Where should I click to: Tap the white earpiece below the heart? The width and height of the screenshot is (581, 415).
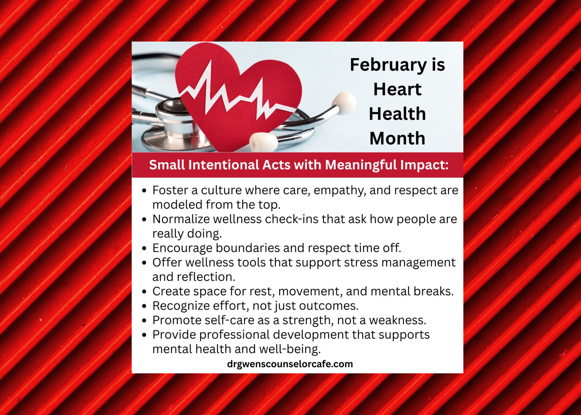263,142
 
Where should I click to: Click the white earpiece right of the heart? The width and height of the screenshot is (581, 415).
344,103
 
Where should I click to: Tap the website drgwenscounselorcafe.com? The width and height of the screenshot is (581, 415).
290,364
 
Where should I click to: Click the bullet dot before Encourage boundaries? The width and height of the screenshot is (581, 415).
144,248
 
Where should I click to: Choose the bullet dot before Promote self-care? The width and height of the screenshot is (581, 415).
144,321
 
